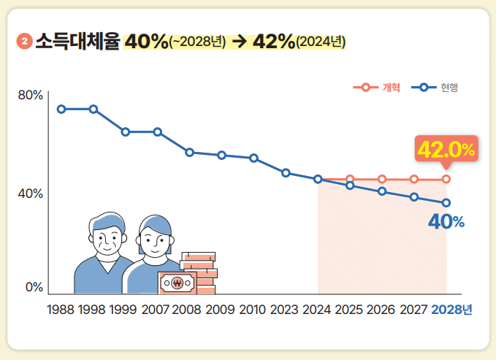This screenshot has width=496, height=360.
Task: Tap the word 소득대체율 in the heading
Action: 77,42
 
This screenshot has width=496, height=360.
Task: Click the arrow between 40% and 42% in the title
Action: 239,42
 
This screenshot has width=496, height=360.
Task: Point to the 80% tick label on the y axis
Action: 31,95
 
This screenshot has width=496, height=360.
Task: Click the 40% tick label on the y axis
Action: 31,194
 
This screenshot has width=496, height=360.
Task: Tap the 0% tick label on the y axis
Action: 34,287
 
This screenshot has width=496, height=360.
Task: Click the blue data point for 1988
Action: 61,109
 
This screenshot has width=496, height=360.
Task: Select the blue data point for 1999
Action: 126,132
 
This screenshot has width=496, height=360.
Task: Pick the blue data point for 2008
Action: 189,153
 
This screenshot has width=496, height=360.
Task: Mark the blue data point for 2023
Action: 286,173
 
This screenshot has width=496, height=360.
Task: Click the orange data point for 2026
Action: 382,179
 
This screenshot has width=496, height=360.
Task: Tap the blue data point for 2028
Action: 446,202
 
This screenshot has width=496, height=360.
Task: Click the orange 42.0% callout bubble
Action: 446,149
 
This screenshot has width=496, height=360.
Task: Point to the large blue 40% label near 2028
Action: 446,222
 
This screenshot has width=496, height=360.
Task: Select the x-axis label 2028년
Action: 451,310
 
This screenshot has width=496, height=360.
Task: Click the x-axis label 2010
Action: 252,310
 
